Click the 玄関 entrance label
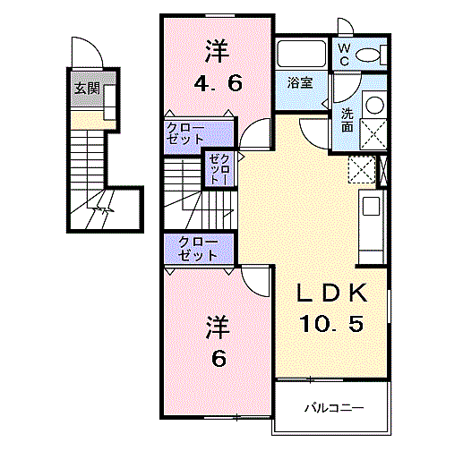point(86,89)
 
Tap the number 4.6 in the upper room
point(217,85)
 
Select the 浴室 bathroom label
point(299,83)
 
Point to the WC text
point(344,55)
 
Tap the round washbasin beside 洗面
point(375,105)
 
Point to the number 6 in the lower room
point(217,358)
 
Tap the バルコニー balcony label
point(332,409)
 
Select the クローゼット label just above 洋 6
point(197,249)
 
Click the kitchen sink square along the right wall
point(370,210)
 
